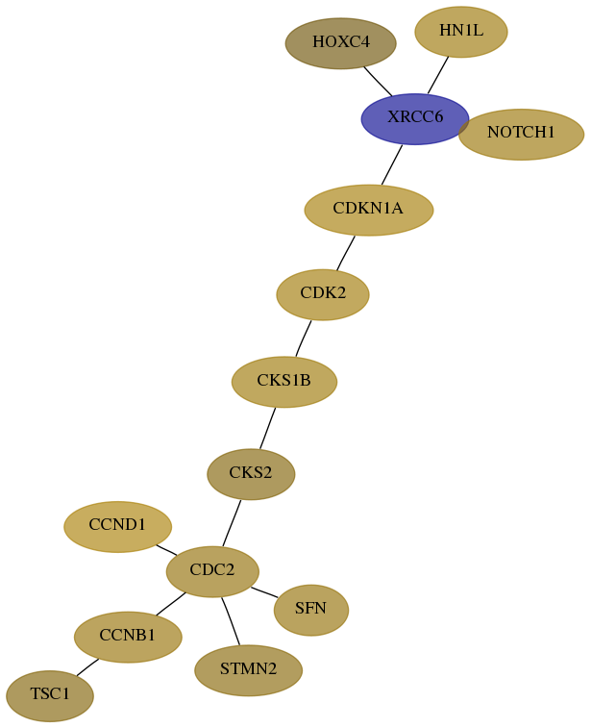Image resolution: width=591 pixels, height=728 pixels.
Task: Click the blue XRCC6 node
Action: point(415,119)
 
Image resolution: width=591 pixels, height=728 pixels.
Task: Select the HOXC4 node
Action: point(340,43)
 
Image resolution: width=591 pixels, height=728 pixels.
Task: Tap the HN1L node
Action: point(461,32)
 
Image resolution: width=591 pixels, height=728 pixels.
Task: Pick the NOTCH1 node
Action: point(521,135)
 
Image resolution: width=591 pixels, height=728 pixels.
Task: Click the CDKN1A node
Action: point(369,210)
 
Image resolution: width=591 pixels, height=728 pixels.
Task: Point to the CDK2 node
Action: point(323,294)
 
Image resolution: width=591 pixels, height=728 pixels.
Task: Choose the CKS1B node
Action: point(283,382)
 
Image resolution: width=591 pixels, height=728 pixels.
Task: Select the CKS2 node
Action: point(251,474)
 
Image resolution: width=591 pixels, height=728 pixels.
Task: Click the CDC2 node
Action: point(212,571)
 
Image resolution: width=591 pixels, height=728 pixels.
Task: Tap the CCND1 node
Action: point(118,526)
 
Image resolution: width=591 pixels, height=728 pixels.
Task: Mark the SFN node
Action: point(311,610)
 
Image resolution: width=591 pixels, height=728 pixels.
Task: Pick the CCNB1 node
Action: point(128,637)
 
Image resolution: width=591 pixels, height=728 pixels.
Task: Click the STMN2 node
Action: point(248,670)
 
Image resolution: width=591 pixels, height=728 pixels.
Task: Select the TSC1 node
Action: point(50,695)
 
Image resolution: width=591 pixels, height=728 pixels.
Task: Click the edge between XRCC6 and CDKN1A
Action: point(392,164)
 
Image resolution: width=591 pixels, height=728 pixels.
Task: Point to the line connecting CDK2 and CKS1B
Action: point(304,339)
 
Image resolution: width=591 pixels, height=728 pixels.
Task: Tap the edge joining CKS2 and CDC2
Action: point(232,523)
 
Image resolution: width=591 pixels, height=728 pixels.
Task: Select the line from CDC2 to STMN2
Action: point(231,621)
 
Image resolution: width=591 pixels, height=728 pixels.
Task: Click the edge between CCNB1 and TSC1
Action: point(87,667)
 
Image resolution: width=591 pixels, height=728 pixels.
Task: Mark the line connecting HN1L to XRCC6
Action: point(438,75)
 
